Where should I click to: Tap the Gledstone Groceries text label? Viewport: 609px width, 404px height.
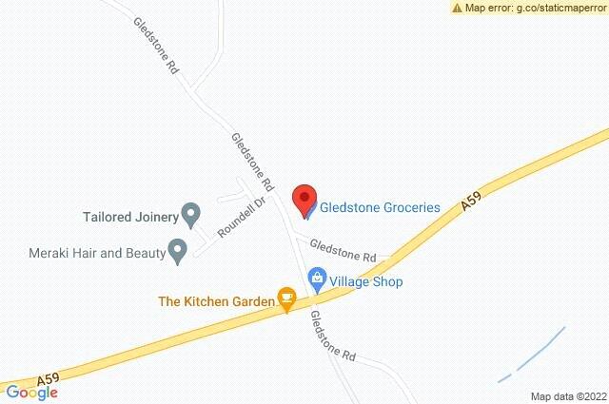point(379,206)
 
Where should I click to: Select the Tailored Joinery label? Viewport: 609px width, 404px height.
point(126,214)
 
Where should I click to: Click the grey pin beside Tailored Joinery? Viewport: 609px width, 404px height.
point(191,215)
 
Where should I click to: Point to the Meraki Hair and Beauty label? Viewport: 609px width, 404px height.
point(94,252)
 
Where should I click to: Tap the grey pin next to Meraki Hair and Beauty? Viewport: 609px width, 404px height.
point(177,251)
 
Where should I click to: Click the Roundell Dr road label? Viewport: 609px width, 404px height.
point(234,218)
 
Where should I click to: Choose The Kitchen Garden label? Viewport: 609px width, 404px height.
point(215,301)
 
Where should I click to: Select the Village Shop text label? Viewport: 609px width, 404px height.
point(366,281)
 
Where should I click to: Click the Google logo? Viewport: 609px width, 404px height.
point(32,392)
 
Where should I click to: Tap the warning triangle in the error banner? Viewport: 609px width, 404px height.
point(457,8)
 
